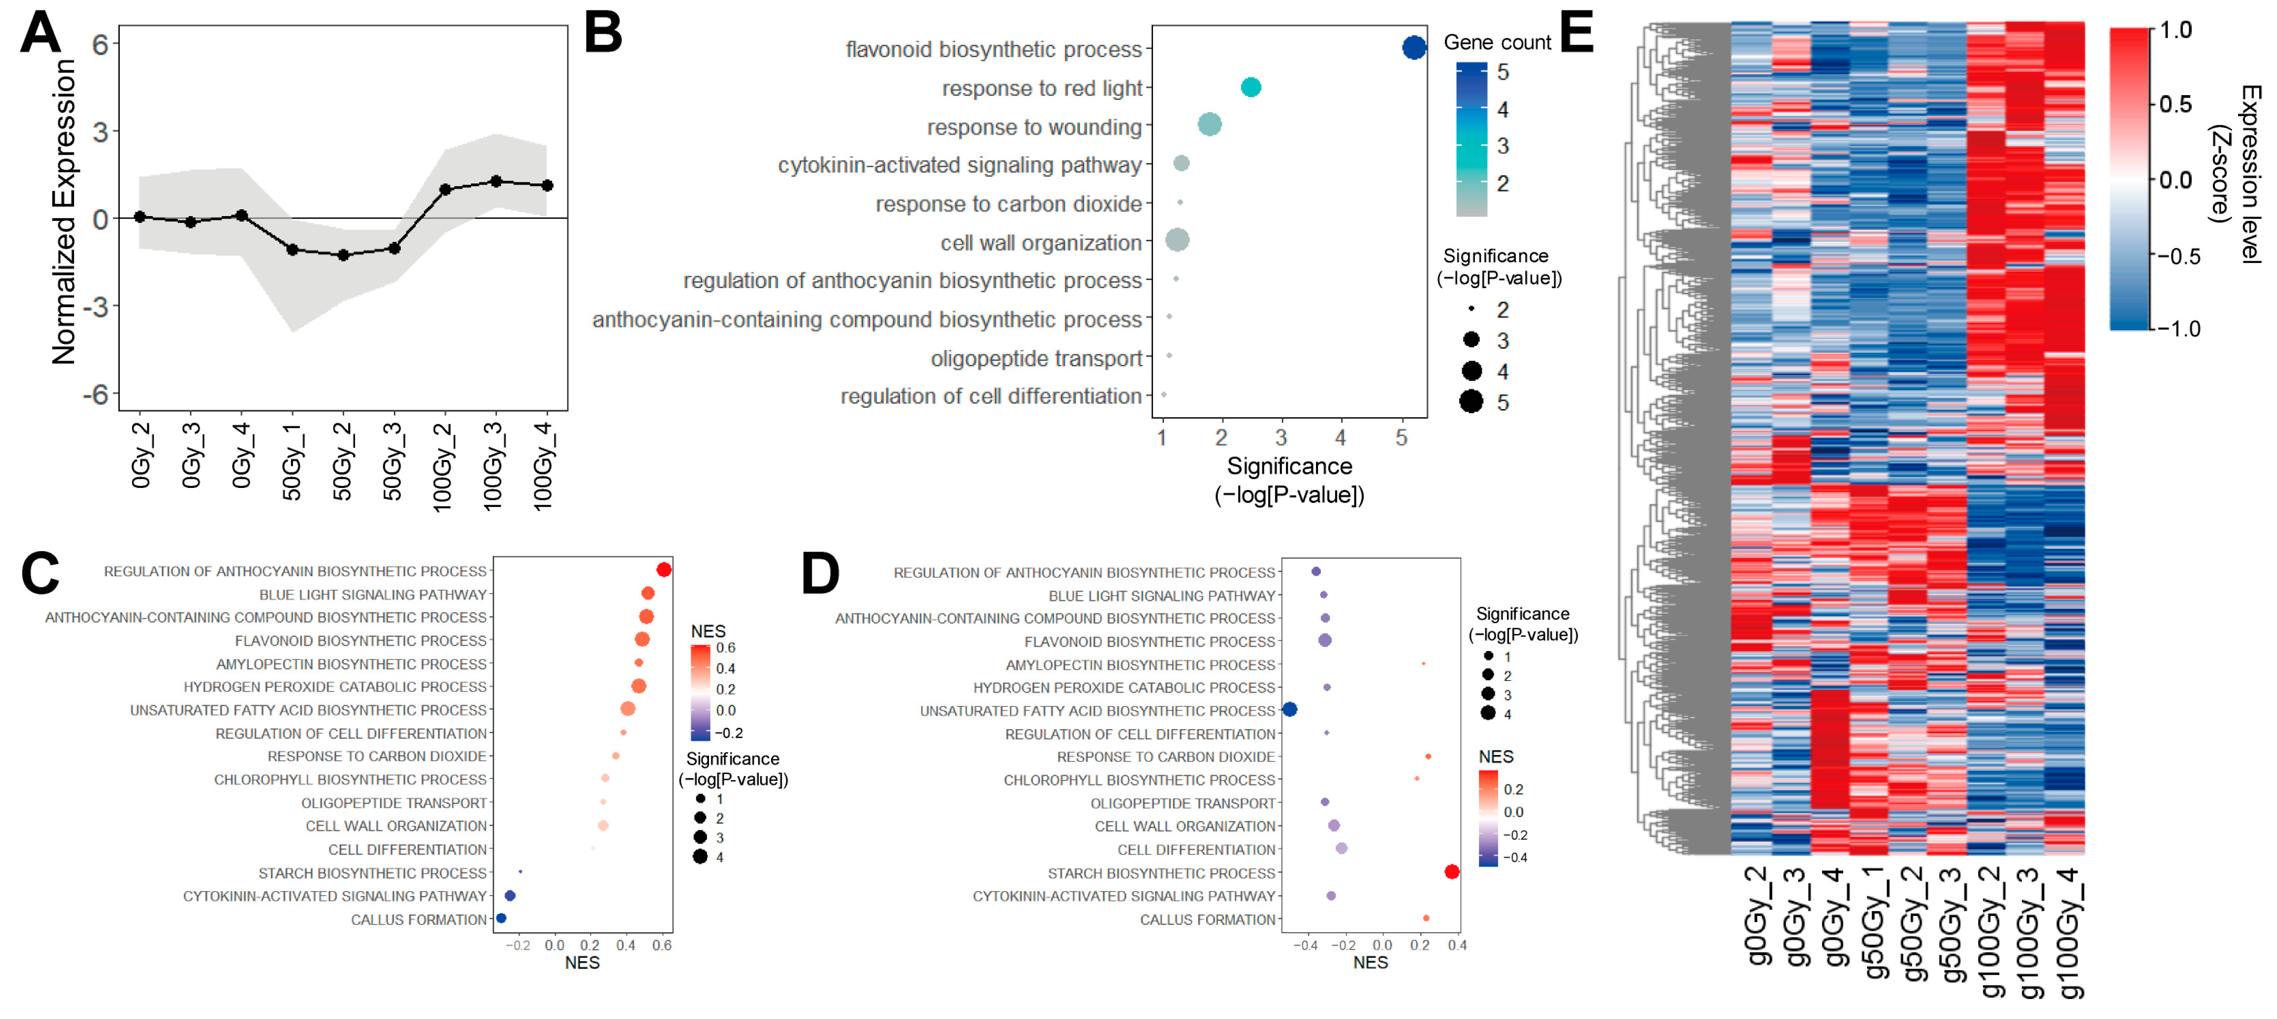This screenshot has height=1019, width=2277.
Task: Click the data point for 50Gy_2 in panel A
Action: coord(343,256)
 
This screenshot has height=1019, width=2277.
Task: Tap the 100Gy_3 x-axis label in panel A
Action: coord(493,466)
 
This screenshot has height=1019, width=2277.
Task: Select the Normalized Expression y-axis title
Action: coord(64,212)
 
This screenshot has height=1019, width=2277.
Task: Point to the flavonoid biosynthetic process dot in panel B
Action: coord(1413,48)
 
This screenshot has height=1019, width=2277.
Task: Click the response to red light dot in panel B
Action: coord(1250,87)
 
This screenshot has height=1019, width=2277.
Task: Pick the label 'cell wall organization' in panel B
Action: coord(1040,243)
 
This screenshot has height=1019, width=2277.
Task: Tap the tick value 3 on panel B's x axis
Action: coord(1281,437)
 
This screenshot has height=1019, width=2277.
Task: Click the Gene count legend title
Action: coord(1496,43)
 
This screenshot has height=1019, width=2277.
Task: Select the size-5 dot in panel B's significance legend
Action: coord(1471,402)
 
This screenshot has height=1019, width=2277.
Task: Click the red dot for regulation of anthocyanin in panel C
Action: coord(664,570)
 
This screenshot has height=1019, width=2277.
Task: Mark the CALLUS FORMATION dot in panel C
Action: coord(501,918)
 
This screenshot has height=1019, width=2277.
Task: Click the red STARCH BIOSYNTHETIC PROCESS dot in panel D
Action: coord(1451,871)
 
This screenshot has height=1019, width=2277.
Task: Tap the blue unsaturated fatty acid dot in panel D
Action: coord(1290,709)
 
